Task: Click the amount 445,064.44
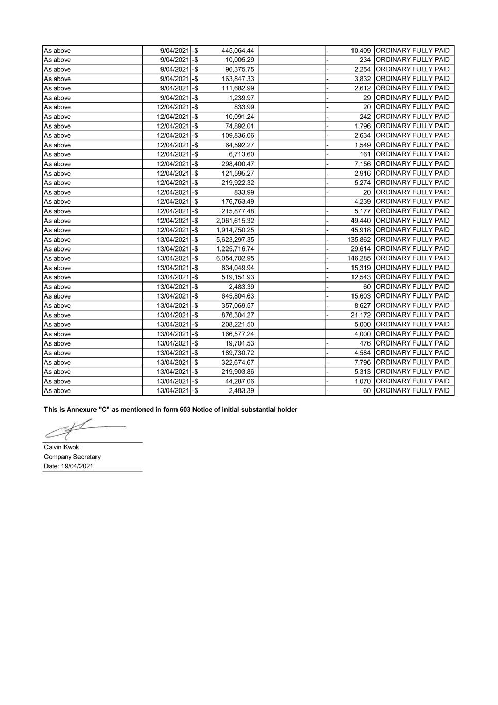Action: (237, 51)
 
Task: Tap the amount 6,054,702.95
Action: (235, 258)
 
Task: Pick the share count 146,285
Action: (359, 258)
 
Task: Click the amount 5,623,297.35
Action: (235, 240)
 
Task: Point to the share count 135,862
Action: (359, 240)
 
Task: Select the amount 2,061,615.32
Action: (235, 221)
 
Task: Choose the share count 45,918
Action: (361, 230)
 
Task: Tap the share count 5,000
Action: (362, 324)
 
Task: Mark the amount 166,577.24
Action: (237, 334)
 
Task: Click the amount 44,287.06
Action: (239, 381)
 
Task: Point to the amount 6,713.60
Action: (241, 154)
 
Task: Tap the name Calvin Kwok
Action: (61, 447)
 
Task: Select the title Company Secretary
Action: (72, 457)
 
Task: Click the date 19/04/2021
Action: (77, 466)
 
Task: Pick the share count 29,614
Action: (361, 249)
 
